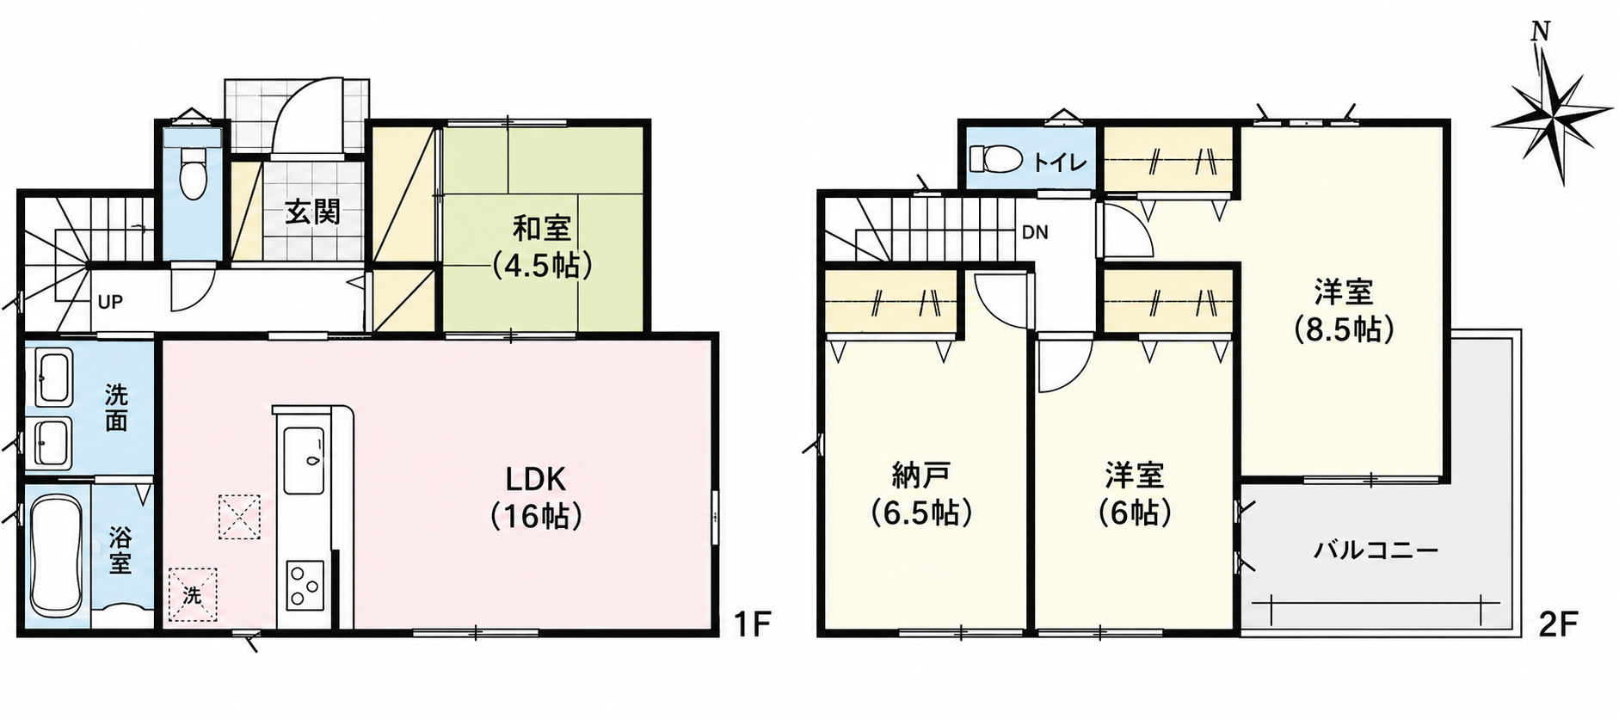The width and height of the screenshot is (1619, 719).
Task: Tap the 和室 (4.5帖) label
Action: coord(542,247)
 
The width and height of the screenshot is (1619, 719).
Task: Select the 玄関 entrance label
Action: coord(313,212)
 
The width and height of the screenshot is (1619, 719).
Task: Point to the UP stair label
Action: coord(110,302)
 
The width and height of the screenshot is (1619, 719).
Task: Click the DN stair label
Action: coord(1035,232)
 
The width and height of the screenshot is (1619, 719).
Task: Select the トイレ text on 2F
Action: coord(1059,162)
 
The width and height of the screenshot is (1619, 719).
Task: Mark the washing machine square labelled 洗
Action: coord(193,594)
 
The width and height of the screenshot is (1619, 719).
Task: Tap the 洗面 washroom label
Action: coord(116,409)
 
